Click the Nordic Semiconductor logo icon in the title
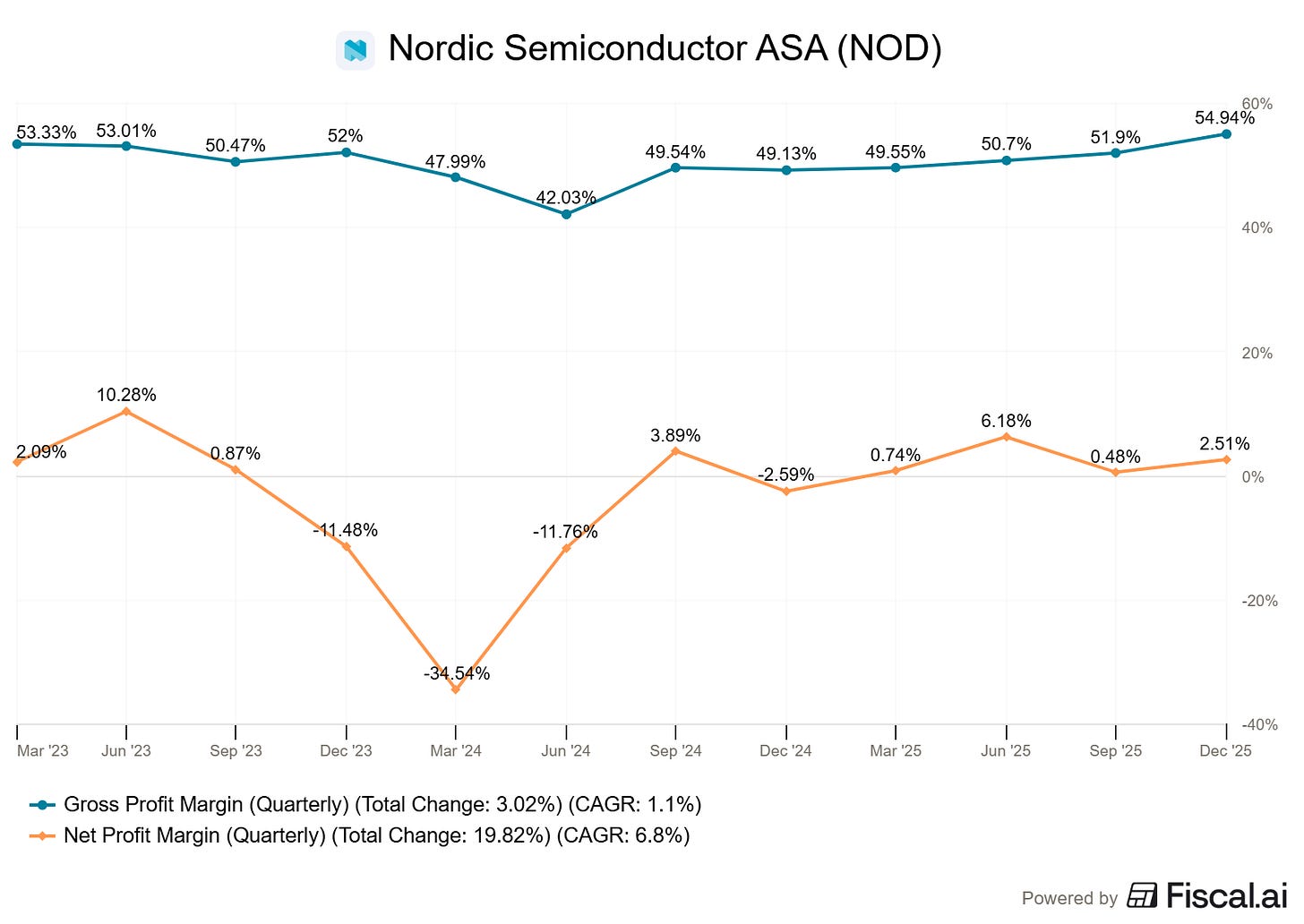coord(356,50)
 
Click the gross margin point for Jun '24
coord(566,214)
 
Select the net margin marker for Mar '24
coord(456,689)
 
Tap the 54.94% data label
coord(1224,118)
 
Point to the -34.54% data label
coord(457,673)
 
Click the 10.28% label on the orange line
coord(126,395)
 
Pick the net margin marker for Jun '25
coord(1006,437)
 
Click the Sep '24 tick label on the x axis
coord(675,750)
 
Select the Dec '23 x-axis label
coord(346,750)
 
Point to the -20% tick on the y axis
coord(1257,601)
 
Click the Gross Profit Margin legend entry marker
coord(42,805)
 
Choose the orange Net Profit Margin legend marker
coord(42,836)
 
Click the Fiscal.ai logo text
coord(1226,895)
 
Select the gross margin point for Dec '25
coord(1226,134)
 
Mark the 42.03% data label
coord(566,198)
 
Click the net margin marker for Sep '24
coord(675,451)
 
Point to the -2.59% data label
coord(785,475)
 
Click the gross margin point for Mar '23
coord(17,143)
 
